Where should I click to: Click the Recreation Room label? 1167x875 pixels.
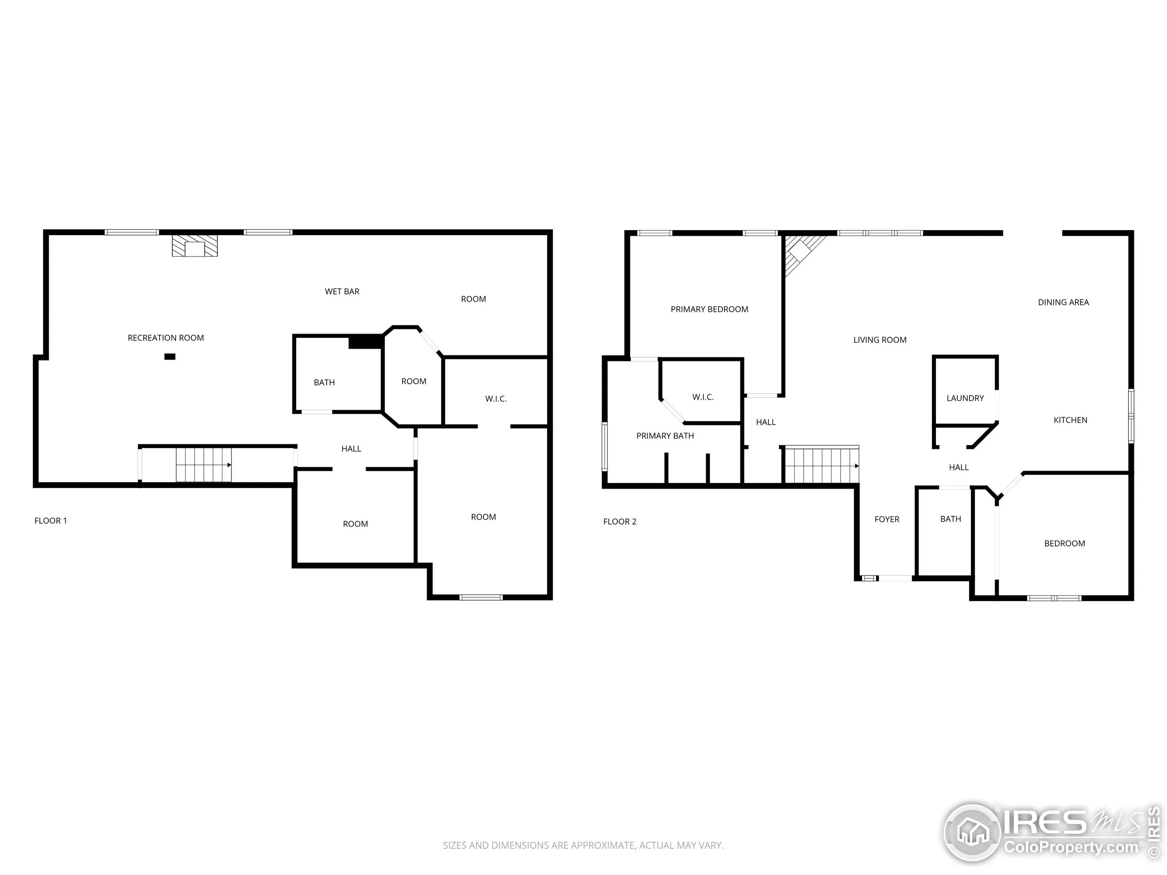(165, 338)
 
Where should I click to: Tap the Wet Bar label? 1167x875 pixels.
(342, 291)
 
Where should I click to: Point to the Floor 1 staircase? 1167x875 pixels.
(204, 465)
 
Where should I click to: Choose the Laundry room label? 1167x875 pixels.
(965, 398)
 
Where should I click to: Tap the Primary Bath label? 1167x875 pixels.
(665, 436)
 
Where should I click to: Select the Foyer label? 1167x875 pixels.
(887, 519)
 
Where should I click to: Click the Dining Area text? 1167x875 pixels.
(1063, 302)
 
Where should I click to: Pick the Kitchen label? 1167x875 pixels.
(1070, 420)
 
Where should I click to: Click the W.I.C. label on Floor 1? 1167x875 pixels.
(496, 399)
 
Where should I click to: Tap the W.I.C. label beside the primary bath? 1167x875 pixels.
(703, 397)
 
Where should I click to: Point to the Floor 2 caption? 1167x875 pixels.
(620, 522)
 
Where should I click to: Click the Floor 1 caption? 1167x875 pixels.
(51, 520)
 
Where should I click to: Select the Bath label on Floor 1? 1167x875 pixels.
(324, 382)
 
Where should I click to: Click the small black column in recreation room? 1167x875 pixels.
(170, 356)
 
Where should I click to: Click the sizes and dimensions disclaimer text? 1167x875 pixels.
(583, 845)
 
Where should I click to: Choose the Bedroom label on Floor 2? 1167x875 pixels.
(1064, 543)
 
